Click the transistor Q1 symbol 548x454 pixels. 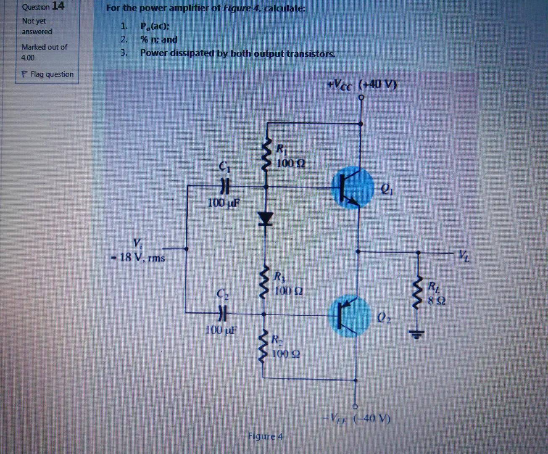[x=352, y=187]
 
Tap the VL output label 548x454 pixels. [x=463, y=255]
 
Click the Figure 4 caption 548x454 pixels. [x=266, y=436]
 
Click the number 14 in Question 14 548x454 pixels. [x=58, y=6]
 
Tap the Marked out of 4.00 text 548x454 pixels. [x=44, y=52]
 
